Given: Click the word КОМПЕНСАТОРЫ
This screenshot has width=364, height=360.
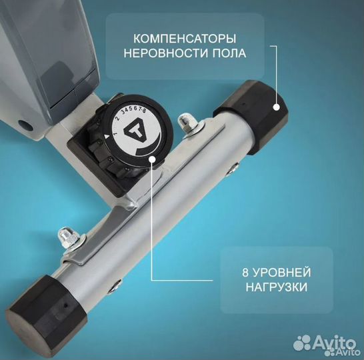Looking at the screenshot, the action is pos(185,39).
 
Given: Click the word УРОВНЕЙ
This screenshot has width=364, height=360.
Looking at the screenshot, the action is pos(281,272).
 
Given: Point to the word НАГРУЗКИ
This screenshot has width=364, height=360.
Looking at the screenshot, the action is pos(276,287).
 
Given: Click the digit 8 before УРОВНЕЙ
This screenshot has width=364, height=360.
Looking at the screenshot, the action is pos(245,272).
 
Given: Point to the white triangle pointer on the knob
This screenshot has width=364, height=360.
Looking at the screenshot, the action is pos(107,137).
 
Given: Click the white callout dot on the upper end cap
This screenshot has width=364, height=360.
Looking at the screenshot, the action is pos(276,107).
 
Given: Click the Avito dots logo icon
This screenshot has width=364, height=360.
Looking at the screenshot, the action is pos(302,343).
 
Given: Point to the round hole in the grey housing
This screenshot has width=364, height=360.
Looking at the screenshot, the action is pos(26,125).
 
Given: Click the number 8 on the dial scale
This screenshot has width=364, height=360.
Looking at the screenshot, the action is pos(144,111).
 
